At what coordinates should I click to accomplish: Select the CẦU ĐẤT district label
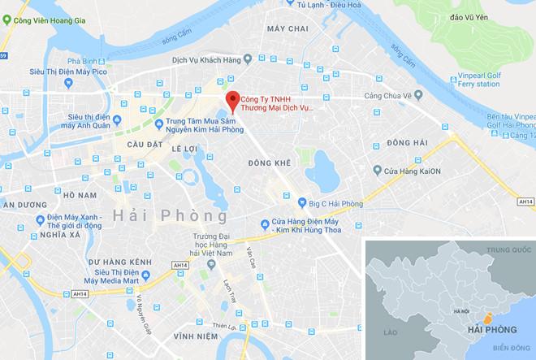pos(134,145)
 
